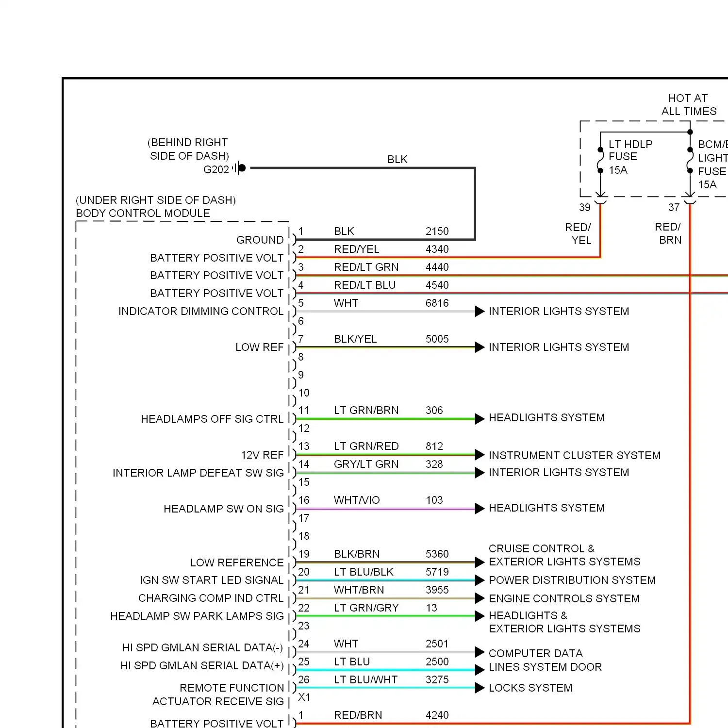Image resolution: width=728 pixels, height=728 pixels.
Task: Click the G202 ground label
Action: point(216,169)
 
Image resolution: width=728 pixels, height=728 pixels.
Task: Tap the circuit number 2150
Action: point(437,231)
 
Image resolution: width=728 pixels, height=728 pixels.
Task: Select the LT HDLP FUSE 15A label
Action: point(630,157)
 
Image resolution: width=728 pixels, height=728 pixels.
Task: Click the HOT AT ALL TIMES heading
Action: point(688,105)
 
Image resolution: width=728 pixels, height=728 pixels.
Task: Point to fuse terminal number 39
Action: point(584,208)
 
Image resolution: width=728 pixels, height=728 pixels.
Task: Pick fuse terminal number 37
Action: point(674,208)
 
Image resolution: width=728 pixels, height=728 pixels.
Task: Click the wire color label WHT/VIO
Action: point(357,500)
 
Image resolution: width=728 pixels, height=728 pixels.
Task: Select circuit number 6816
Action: point(437,303)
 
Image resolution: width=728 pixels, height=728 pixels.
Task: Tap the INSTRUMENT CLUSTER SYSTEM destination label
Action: point(574,455)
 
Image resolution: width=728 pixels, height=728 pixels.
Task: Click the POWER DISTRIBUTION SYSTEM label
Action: point(572,580)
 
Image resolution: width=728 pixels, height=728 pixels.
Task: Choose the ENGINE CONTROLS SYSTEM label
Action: point(564,598)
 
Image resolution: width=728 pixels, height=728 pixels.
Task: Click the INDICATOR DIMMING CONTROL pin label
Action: point(201,311)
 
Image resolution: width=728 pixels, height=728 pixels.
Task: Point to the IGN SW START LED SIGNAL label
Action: point(212,580)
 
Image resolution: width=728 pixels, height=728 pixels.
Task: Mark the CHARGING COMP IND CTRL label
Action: point(211,598)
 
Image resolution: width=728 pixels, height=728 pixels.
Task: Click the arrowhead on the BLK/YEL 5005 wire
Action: point(480,347)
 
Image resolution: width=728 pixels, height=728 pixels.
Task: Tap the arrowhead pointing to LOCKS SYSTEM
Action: point(480,688)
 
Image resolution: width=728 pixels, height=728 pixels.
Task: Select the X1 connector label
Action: point(304,697)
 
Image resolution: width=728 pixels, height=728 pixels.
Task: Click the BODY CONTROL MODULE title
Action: point(143,213)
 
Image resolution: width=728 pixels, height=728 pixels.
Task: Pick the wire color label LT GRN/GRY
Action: point(366,608)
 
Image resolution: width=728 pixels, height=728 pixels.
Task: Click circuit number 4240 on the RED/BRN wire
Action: point(437,715)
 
